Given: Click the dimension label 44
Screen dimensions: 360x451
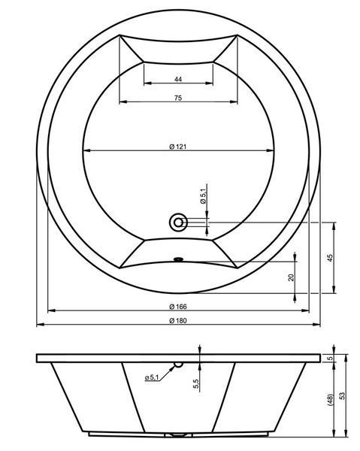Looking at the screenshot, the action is coord(178,79).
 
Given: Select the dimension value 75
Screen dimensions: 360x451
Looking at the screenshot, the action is coord(178,98).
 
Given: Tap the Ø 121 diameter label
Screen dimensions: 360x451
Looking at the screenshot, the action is coord(178,147).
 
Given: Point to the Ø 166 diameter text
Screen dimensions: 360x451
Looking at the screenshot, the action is coord(178,307).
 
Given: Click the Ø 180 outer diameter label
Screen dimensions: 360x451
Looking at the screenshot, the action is coord(178,320).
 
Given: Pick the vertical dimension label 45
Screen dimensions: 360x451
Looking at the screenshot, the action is coord(331,258).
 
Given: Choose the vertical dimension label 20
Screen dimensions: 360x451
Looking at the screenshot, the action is coord(292,277).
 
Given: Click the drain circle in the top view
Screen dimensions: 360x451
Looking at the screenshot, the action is coord(179,222).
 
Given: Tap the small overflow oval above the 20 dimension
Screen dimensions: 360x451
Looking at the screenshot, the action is coord(179,259).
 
